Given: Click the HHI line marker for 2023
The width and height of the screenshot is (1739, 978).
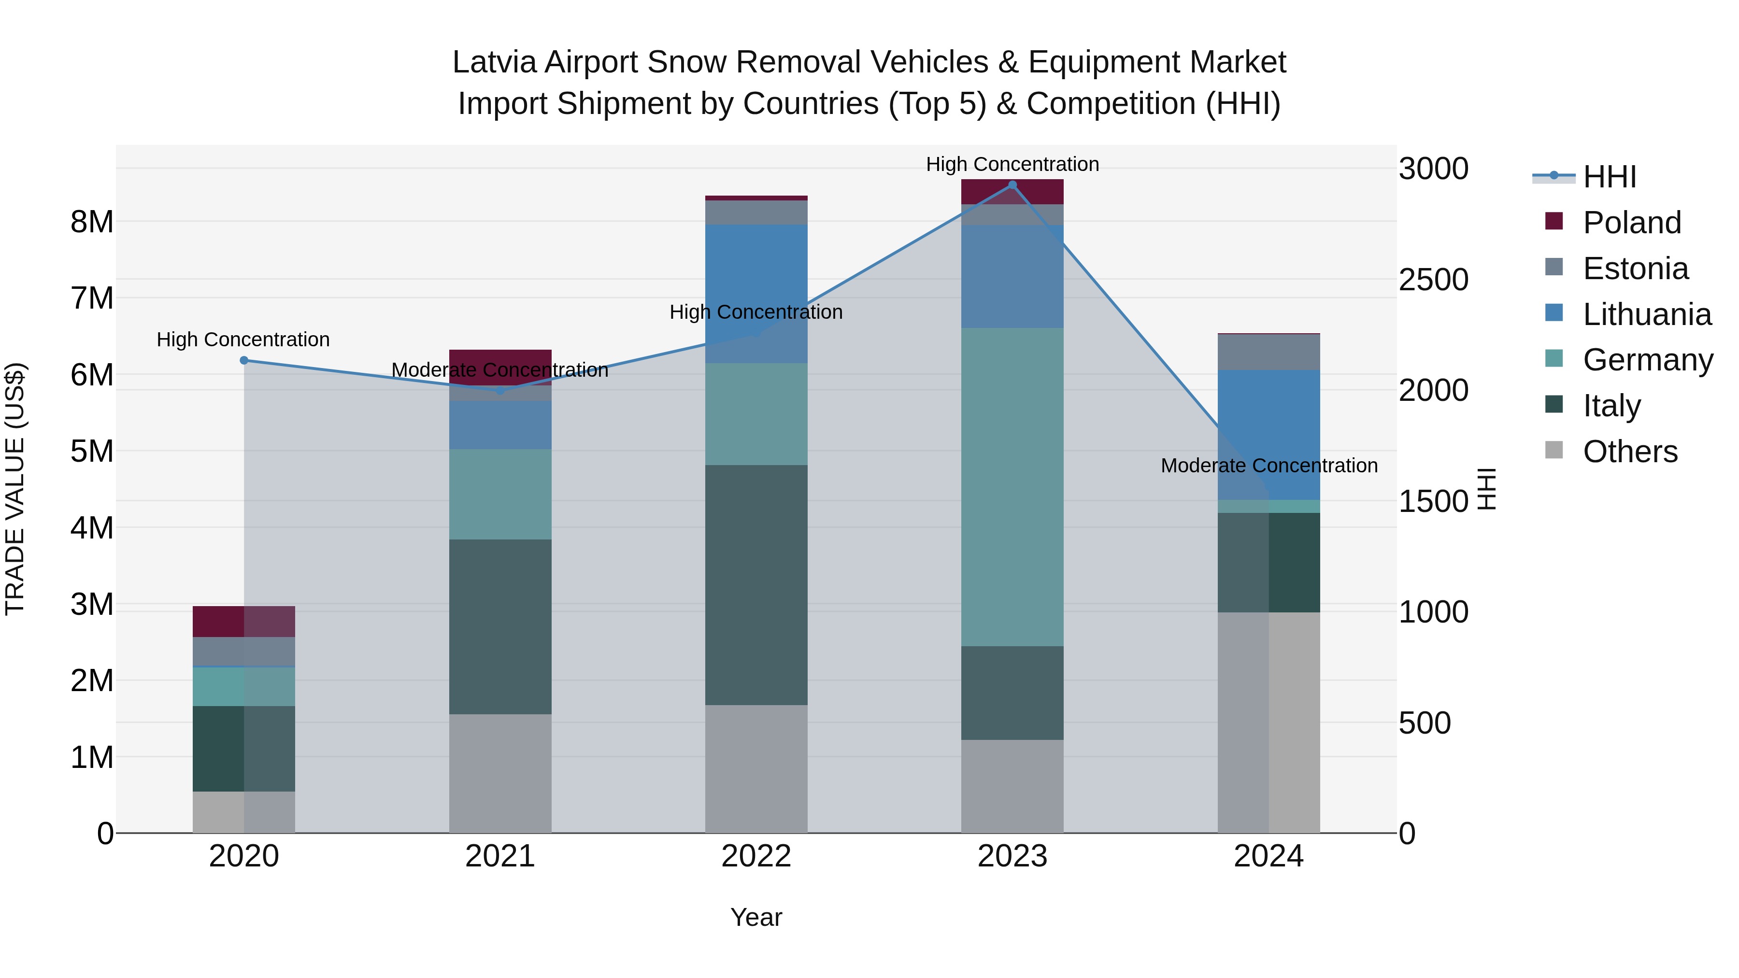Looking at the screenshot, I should tap(1012, 185).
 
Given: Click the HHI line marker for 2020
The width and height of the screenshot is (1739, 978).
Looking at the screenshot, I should tap(244, 360).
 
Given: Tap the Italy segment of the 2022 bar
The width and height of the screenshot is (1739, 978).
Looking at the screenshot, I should tap(756, 584).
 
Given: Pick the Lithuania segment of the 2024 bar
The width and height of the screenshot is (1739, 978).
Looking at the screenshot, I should tap(1269, 434).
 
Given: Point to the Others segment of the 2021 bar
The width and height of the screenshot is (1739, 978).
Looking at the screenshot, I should tap(500, 773).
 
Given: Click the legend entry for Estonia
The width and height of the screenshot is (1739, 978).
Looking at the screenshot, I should tap(1635, 269).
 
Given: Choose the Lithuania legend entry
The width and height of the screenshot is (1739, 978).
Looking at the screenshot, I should tap(1647, 314).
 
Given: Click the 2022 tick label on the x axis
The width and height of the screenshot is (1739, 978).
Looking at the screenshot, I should tap(756, 856).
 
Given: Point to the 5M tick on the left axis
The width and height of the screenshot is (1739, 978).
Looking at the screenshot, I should tap(92, 451).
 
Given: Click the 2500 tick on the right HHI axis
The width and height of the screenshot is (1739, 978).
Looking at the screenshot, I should tap(1433, 280).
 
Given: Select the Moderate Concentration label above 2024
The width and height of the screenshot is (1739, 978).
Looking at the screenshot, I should tap(1269, 466).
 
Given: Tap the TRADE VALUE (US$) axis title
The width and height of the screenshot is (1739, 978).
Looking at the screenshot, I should tap(15, 489).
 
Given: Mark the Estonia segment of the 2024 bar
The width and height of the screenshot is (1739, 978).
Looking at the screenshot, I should tap(1269, 352).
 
